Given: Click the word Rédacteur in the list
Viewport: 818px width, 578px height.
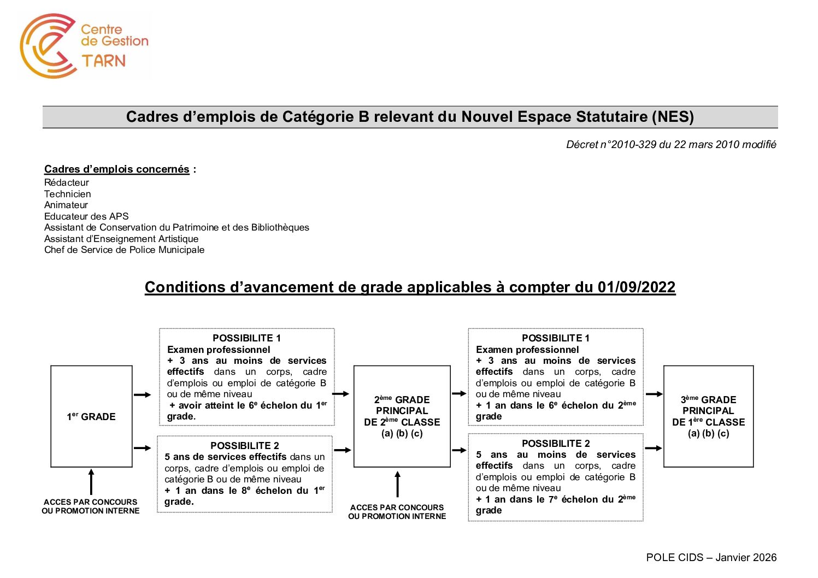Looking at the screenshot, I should coord(67,182).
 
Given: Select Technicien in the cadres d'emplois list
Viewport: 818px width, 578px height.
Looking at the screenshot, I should coord(68,194).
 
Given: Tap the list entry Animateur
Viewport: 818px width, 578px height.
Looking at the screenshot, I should coord(66,205).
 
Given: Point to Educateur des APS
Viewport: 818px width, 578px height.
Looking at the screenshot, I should coord(86,216).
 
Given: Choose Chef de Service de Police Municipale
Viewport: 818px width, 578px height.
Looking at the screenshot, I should coord(124,250).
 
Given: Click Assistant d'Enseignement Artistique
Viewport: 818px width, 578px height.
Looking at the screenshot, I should coord(121,239).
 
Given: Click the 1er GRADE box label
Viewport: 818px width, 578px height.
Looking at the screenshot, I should coord(91,417).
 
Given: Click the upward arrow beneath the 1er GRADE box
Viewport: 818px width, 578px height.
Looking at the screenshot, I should coord(91,482).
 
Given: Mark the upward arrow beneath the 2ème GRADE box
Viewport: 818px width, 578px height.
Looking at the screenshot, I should coord(397,485).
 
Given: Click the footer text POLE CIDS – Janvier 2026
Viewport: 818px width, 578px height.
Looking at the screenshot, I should coord(711,557).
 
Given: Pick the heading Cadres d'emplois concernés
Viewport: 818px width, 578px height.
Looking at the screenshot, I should coord(117,169).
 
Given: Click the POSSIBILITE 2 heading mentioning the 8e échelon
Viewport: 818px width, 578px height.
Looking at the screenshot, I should coord(244,446).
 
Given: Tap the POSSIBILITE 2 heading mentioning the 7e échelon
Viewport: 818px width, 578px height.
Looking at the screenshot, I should coord(556,444).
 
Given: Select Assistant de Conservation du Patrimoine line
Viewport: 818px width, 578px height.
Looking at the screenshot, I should coord(176,227).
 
